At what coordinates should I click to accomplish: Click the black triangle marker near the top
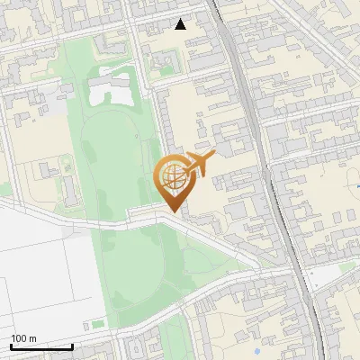pyautogui.click(x=181, y=24)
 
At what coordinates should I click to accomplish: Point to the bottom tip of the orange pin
pyautogui.click(x=175, y=212)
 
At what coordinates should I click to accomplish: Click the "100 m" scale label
pyautogui.click(x=24, y=338)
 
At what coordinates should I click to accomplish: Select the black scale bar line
pyautogui.click(x=41, y=347)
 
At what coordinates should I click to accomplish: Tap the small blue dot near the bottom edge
pyautogui.click(x=258, y=350)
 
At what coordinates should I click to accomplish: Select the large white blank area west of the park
pyautogui.click(x=45, y=270)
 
